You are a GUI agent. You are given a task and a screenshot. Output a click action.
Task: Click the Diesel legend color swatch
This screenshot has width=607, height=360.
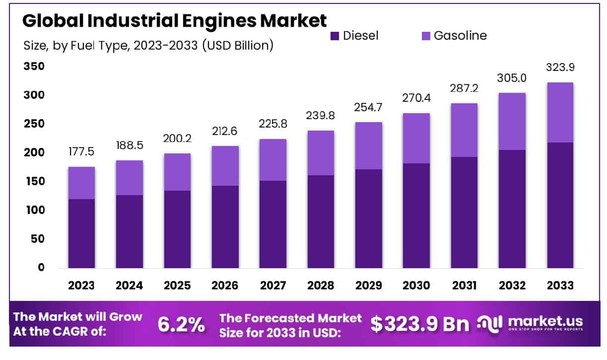[x=335, y=36]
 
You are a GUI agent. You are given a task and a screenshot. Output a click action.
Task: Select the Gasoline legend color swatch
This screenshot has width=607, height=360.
[x=425, y=36]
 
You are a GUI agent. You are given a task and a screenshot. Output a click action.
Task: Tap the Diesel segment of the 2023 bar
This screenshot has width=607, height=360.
[x=82, y=233]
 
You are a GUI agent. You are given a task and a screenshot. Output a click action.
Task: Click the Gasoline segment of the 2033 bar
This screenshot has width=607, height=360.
[x=560, y=113]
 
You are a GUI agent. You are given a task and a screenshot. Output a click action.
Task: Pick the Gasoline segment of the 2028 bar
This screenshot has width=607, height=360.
[x=321, y=153]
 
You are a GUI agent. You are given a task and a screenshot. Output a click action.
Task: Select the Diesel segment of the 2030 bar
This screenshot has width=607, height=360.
[x=416, y=216]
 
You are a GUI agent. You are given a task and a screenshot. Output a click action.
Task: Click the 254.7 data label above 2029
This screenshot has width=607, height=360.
[x=368, y=108]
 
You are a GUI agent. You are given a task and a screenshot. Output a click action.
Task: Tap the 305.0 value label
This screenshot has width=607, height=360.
[x=512, y=78]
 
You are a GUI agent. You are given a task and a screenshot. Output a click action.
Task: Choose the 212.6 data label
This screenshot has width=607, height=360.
[x=225, y=132]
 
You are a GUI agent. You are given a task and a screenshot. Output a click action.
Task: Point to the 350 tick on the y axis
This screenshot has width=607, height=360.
[x=34, y=67]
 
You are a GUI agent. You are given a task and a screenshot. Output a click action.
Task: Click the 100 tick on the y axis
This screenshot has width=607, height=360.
[x=34, y=210]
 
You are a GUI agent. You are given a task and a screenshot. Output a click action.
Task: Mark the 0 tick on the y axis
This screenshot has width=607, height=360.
[x=41, y=268]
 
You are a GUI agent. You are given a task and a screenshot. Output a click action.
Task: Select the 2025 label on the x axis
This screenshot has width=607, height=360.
[x=177, y=286]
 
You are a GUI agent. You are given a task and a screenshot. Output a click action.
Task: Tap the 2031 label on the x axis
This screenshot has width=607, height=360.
[x=464, y=286]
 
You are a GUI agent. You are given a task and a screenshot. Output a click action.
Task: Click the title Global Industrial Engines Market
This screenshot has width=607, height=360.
[x=174, y=21]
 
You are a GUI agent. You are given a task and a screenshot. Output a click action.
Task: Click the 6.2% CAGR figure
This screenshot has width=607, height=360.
[x=181, y=324]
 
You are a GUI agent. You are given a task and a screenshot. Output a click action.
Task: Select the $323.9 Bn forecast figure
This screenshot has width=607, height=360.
[x=420, y=324]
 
